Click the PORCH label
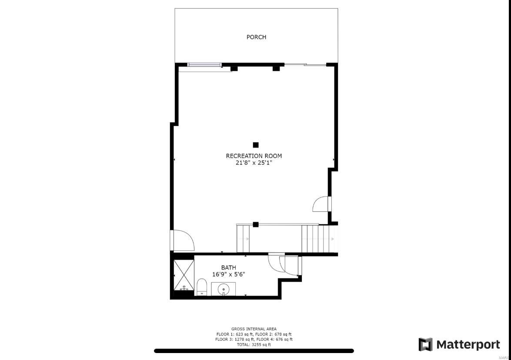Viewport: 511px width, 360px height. pyautogui.click(x=256, y=37)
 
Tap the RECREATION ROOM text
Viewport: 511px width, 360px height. pyautogui.click(x=254, y=156)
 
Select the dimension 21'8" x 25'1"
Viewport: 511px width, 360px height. pyautogui.click(x=254, y=163)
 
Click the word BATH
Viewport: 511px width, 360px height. pyautogui.click(x=228, y=267)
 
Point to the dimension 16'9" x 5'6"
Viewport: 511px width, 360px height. pyautogui.click(x=228, y=274)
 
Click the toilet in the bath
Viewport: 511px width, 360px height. pyautogui.click(x=202, y=287)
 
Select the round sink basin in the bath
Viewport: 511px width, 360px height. pyautogui.click(x=224, y=288)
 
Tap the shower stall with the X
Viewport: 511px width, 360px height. pyautogui.click(x=184, y=275)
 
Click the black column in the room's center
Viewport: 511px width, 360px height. pyautogui.click(x=256, y=145)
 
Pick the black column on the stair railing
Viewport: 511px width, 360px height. pyautogui.click(x=256, y=224)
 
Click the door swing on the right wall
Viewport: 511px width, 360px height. pyautogui.click(x=322, y=204)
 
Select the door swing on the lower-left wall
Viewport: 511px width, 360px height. pyautogui.click(x=183, y=240)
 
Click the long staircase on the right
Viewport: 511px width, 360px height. pyautogui.click(x=319, y=239)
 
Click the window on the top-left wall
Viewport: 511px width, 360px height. pyautogui.click(x=204, y=65)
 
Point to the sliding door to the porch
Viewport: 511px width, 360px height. pyautogui.click(x=305, y=65)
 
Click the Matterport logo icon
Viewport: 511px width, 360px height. pyautogui.click(x=425, y=345)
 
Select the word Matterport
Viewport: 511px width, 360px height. pyautogui.click(x=468, y=345)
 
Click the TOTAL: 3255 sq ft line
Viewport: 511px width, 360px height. pyautogui.click(x=254, y=345)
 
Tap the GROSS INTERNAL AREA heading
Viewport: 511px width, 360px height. pyautogui.click(x=254, y=329)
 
